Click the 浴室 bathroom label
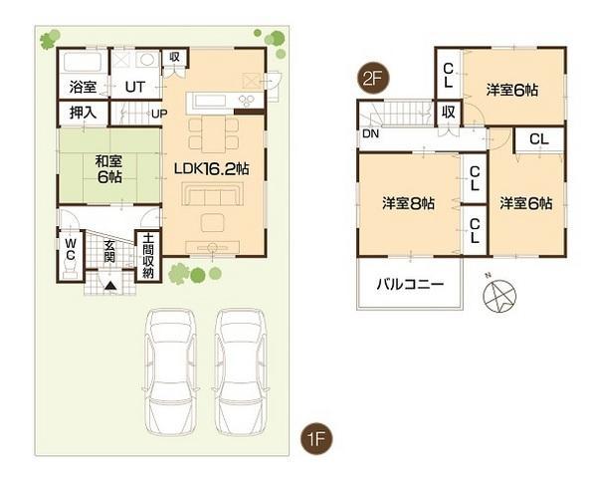[x=83, y=87]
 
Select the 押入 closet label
[x=83, y=113]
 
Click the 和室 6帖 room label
[x=108, y=167]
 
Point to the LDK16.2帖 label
[x=211, y=169]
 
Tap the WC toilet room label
[x=71, y=249]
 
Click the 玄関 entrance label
[x=109, y=251]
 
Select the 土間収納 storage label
[x=147, y=254]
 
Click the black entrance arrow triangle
[x=109, y=285]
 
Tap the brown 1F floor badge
[x=317, y=438]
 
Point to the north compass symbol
[x=497, y=294]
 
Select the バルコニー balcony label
[x=409, y=283]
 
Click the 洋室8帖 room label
[x=408, y=203]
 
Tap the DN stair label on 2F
[x=370, y=133]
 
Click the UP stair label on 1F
[x=158, y=114]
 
